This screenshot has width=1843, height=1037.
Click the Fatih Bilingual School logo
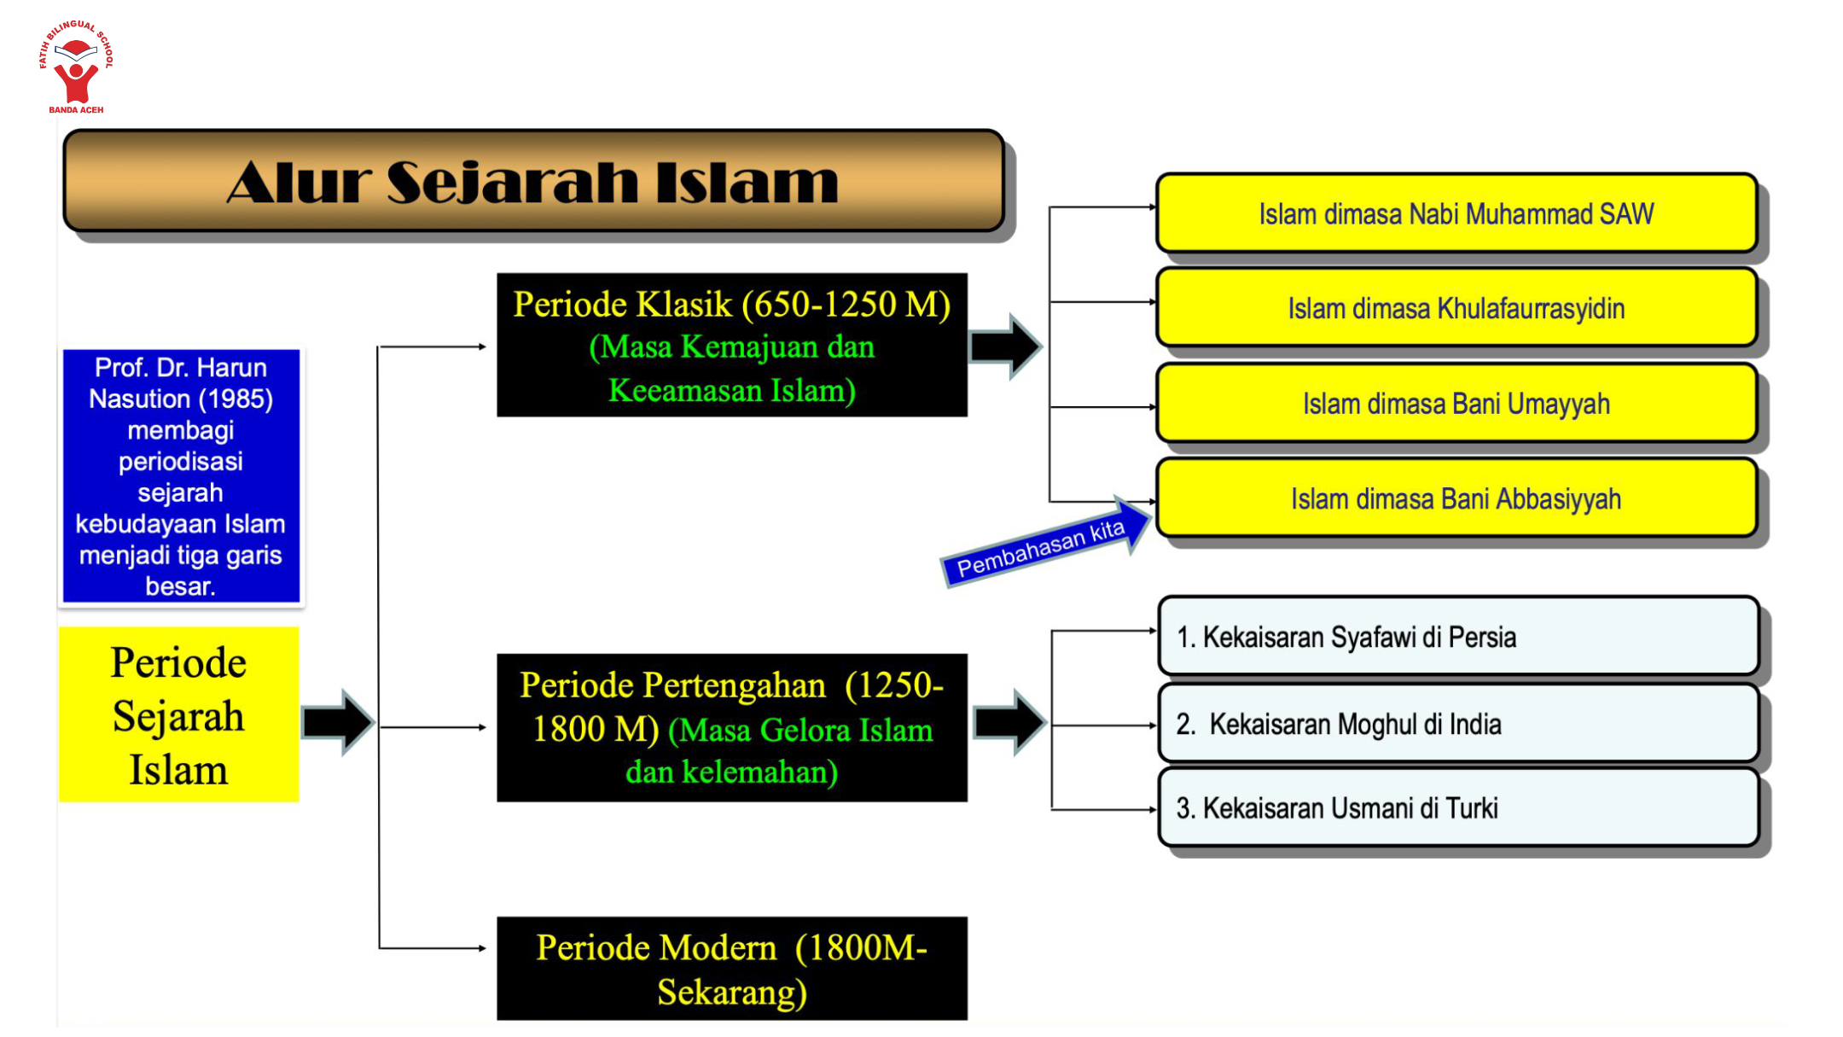pos(76,67)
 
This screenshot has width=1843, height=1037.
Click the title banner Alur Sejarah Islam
pos(533,181)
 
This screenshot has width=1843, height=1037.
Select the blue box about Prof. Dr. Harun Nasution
pos(181,476)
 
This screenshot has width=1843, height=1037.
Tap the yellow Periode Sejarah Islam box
pos(179,715)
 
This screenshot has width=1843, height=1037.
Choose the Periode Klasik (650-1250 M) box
pos(731,346)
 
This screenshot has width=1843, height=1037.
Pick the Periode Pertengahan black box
pos(731,728)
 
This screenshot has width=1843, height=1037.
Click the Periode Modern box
pos(731,969)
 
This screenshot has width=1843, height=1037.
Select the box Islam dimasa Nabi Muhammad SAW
pos(1456,213)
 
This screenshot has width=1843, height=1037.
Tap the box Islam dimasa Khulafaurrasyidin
pos(1456,308)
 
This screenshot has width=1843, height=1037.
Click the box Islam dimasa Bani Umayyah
pos(1456,404)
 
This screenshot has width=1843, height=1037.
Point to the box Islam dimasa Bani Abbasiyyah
pos(1456,498)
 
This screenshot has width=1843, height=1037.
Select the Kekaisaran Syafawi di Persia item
pos(1457,637)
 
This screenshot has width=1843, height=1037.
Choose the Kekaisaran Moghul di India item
pos(1457,724)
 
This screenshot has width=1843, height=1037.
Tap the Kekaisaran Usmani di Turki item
pos(1457,807)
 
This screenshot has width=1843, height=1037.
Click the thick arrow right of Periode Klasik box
pos(1007,347)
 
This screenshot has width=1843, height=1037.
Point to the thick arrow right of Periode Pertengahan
pos(1010,723)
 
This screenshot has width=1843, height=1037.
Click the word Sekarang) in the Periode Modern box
pos(731,992)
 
